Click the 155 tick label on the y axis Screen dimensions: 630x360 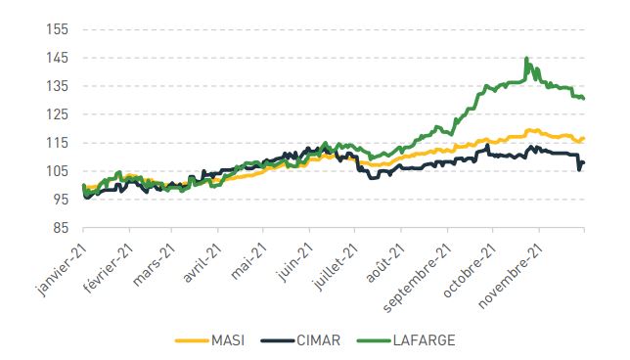tap(58, 29)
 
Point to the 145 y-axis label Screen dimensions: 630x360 tap(58, 58)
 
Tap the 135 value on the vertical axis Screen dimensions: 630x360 tap(58, 86)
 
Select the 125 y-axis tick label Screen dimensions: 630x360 tap(58, 114)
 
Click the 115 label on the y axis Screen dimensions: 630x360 tap(58, 143)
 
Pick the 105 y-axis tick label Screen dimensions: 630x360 tap(58, 171)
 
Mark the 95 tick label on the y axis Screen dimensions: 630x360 tap(60, 200)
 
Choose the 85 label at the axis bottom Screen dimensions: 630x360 tap(60, 228)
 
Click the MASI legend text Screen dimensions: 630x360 tap(228, 340)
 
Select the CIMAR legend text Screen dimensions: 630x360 tap(318, 340)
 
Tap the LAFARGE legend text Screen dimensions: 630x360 tap(425, 340)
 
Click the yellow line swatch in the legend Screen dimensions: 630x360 tap(192, 340)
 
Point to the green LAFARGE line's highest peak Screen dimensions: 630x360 tap(526, 59)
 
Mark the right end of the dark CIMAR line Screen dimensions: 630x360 tap(583, 162)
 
